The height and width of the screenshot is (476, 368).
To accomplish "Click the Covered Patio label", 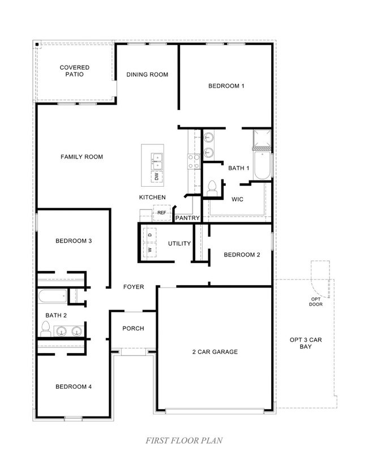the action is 74,71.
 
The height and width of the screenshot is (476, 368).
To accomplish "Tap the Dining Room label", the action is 147,74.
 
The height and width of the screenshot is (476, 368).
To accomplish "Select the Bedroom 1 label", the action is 226,86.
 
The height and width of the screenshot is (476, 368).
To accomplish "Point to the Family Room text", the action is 82,157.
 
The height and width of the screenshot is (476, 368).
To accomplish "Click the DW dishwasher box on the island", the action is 157,177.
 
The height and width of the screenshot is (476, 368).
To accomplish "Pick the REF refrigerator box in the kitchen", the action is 162,212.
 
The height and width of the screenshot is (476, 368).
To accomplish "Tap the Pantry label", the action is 187,218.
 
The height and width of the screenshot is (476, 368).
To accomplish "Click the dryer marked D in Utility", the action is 149,235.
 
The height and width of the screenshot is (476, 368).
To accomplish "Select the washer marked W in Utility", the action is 149,250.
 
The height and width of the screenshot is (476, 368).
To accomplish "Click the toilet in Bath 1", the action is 212,188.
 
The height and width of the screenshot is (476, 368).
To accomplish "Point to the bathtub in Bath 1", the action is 262,165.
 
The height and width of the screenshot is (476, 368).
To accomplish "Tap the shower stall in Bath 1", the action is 262,139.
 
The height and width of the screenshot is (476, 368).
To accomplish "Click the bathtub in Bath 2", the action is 53,296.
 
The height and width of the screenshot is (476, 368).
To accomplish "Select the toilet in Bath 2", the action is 45,329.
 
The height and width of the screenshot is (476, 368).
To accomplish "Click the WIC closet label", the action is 237,199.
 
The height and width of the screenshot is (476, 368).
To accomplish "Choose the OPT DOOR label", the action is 316,302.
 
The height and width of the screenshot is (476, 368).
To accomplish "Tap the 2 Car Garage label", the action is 215,352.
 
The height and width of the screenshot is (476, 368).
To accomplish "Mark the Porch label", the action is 133,328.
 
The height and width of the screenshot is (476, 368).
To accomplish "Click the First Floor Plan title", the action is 184,440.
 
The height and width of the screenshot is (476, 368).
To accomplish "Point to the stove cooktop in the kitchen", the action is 194,161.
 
